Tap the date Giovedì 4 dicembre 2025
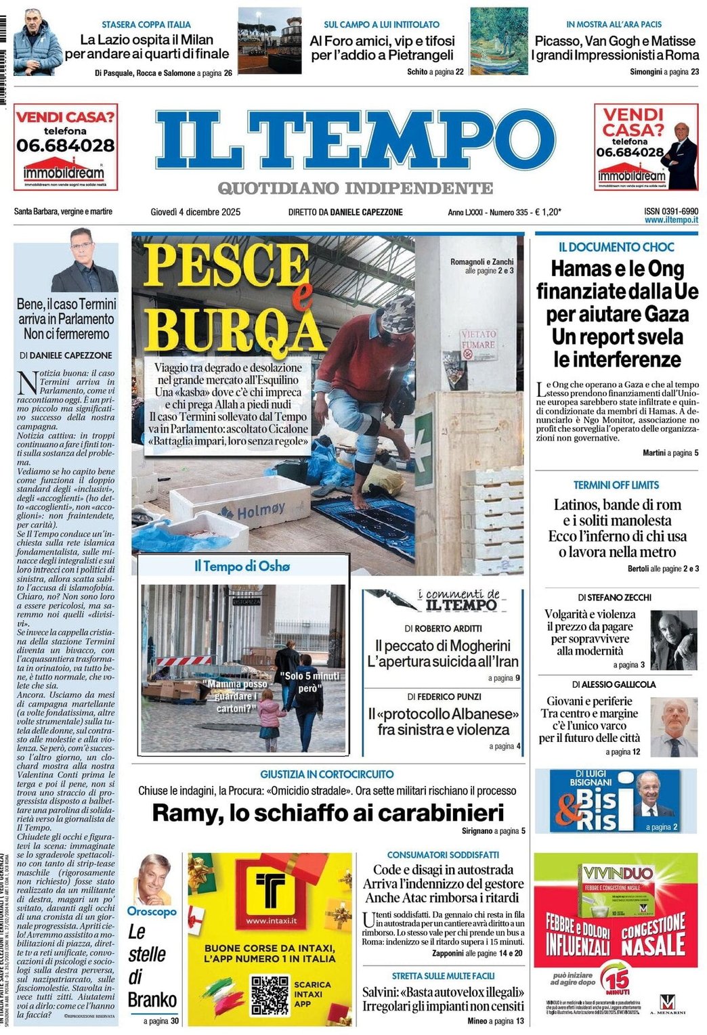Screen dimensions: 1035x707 pyautogui.click(x=195, y=212)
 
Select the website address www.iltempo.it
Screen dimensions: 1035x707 pyautogui.click(x=671, y=220)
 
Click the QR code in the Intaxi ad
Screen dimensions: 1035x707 pyautogui.click(x=270, y=993)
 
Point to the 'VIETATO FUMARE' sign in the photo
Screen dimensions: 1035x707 pyautogui.click(x=478, y=339)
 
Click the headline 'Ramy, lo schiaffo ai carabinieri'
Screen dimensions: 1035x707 pyautogui.click(x=328, y=812)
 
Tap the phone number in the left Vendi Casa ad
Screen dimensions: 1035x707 pyautogui.click(x=66, y=145)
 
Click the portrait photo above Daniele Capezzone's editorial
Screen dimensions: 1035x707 pyautogui.click(x=84, y=260)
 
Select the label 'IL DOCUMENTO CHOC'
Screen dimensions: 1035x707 pyautogui.click(x=616, y=247)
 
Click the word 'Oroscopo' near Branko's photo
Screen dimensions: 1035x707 pyautogui.click(x=152, y=911)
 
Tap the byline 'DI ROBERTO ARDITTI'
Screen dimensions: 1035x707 pyautogui.click(x=444, y=628)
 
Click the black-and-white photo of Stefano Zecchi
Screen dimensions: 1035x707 pyautogui.click(x=673, y=640)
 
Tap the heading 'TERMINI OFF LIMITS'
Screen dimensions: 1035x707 pyautogui.click(x=616, y=485)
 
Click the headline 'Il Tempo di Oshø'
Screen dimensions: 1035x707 pyautogui.click(x=242, y=566)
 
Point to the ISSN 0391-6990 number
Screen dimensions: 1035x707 pyautogui.click(x=671, y=211)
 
